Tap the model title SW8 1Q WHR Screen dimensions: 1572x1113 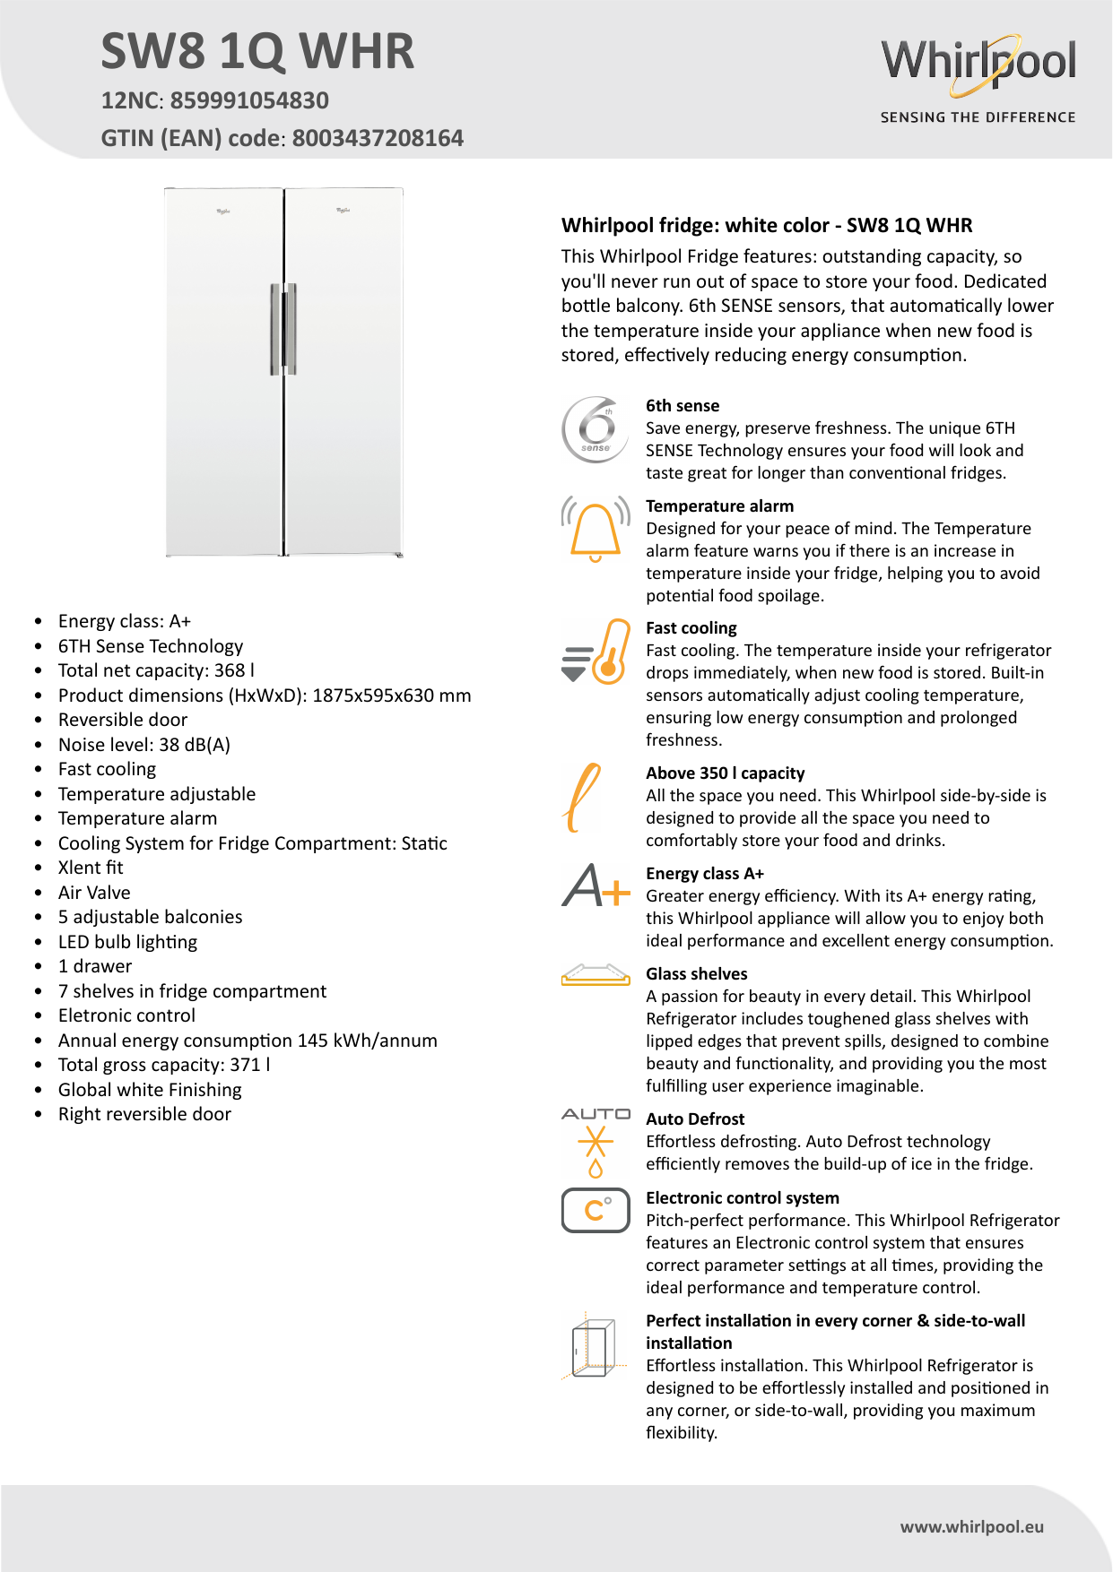257,51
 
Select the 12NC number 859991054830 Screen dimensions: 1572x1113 249,100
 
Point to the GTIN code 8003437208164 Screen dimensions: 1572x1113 378,138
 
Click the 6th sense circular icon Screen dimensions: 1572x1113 595,429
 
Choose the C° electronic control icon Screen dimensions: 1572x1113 596,1210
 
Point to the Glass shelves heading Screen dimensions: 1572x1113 697,974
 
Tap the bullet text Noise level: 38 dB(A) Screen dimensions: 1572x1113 144,745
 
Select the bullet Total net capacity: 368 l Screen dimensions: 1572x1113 156,670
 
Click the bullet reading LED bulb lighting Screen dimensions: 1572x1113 127,942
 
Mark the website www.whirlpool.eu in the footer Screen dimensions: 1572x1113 971,1527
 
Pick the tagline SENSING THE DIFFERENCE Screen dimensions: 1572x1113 978,117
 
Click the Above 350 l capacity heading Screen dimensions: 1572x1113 725,773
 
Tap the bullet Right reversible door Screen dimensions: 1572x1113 144,1114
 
